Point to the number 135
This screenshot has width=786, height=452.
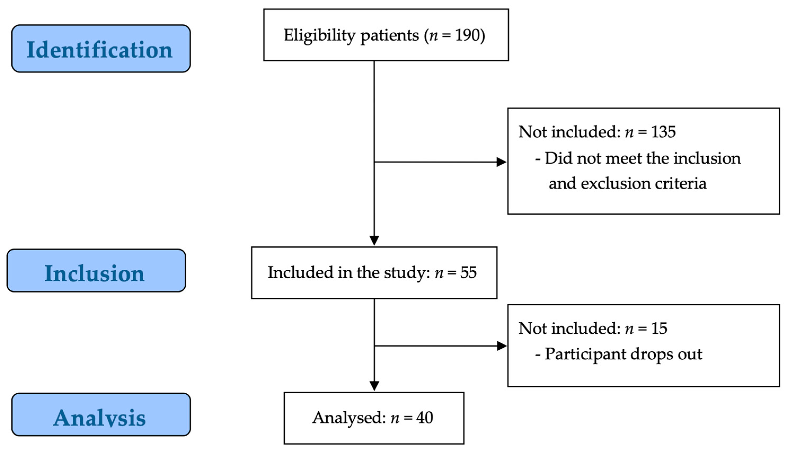tap(663, 132)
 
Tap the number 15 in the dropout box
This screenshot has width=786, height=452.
tap(659, 329)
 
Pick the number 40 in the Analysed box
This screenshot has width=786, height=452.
tap(424, 418)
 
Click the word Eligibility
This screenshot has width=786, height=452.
tap(319, 35)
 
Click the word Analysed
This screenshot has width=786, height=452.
tap(348, 418)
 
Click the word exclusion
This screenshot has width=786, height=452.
tap(615, 183)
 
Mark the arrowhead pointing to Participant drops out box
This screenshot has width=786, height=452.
tap(501, 346)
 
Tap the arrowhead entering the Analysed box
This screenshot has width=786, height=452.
tap(374, 386)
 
